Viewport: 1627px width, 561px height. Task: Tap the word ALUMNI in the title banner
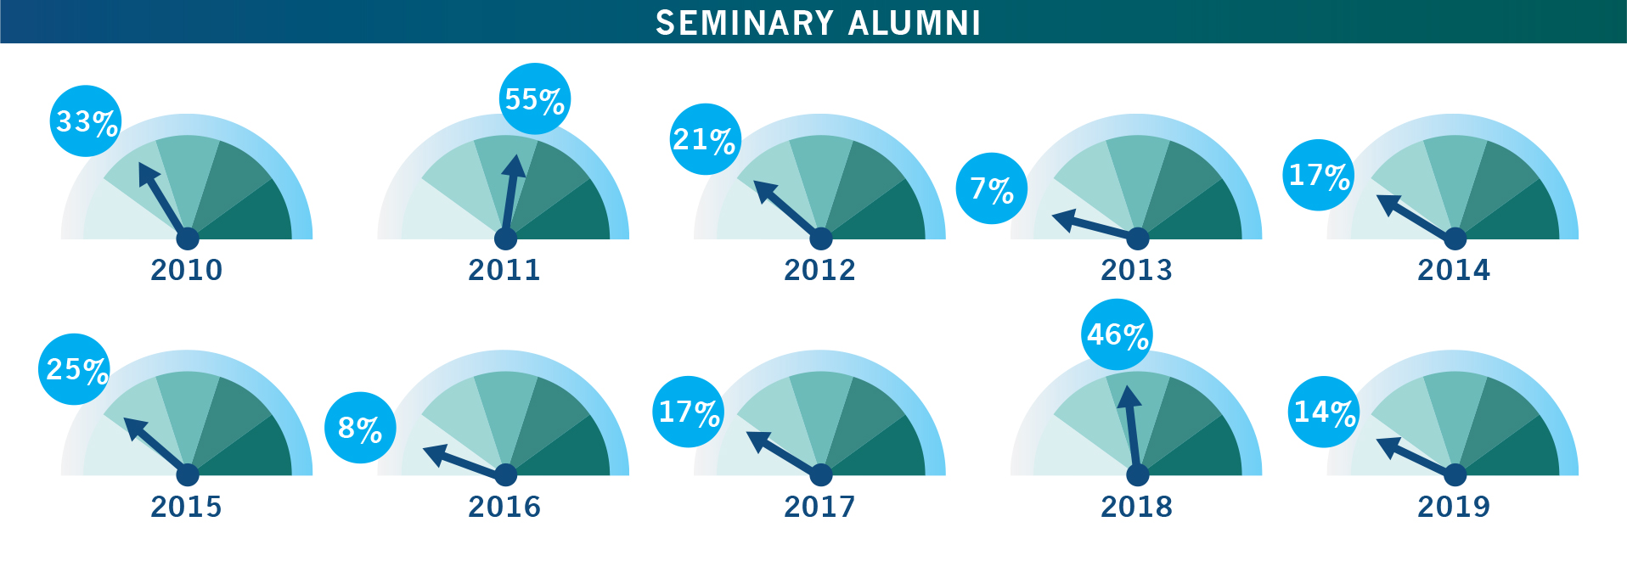[915, 23]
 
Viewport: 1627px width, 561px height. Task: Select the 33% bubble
[86, 121]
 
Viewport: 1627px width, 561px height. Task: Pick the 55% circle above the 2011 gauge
[535, 99]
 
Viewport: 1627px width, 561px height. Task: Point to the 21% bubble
[705, 139]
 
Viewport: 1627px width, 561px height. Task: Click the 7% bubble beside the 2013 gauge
[992, 188]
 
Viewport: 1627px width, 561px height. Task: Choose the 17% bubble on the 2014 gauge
[1319, 175]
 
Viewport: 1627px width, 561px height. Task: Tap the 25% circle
[75, 369]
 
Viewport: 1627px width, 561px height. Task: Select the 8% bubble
[360, 428]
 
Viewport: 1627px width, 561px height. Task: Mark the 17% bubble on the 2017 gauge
[689, 412]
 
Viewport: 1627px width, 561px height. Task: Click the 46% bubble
[1118, 334]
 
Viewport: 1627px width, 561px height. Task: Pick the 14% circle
[1325, 412]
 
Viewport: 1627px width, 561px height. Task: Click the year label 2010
[187, 270]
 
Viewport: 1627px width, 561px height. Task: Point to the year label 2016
[504, 507]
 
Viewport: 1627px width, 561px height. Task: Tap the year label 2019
[1454, 507]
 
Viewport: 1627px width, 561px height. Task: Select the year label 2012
[819, 270]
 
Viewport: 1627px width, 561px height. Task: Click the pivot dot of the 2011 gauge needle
[505, 238]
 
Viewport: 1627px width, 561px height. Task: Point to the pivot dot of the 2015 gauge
[188, 474]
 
